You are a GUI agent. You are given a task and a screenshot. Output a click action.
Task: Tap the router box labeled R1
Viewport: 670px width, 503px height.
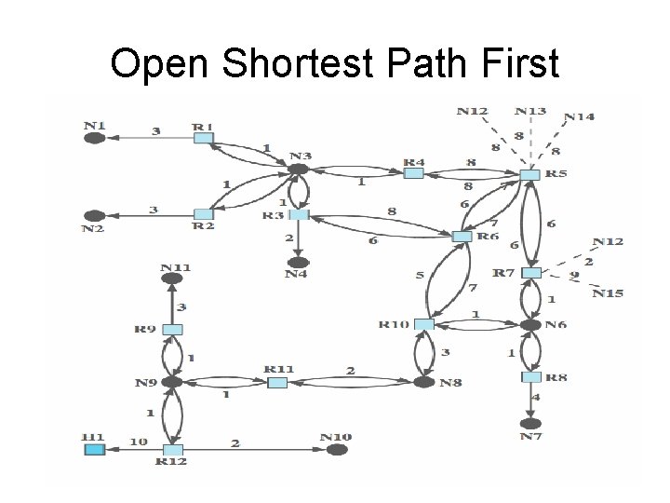[x=203, y=138]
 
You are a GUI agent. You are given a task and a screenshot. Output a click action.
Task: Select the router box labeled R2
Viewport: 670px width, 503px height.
[x=203, y=215]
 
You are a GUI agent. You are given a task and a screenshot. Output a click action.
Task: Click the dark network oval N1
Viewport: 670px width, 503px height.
[x=94, y=138]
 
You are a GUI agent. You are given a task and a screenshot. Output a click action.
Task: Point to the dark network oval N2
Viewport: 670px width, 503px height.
[x=94, y=215]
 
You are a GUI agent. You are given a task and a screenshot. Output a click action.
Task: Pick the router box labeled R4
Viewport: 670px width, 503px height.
[x=413, y=172]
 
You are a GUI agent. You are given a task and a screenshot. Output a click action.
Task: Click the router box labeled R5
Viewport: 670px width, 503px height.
[x=529, y=174]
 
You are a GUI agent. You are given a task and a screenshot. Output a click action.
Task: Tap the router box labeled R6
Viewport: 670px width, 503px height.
[x=462, y=237]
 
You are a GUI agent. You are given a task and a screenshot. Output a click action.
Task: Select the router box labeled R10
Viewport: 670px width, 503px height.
[x=423, y=324]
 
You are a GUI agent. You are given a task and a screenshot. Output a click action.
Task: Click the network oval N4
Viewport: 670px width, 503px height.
[x=298, y=263]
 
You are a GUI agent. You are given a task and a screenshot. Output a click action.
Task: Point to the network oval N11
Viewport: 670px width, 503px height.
[x=171, y=278]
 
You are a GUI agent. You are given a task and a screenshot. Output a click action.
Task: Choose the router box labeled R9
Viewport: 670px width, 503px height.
[x=172, y=329]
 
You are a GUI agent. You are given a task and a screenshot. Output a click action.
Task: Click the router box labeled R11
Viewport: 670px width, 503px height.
[x=277, y=382]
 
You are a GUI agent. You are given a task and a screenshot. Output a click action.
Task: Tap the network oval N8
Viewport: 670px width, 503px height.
[x=423, y=382]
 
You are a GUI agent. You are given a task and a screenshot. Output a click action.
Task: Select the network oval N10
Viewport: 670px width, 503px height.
[x=337, y=450]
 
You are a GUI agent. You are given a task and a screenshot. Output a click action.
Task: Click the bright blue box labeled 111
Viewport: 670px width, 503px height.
[x=94, y=450]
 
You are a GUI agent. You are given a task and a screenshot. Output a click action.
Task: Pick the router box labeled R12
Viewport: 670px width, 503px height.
[x=173, y=450]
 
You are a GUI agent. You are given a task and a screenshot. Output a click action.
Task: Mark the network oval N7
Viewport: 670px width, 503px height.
[x=530, y=423]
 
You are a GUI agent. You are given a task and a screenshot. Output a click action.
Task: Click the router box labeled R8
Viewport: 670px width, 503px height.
[x=530, y=377]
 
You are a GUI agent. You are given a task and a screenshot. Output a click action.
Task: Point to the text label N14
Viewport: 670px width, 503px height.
[x=579, y=116]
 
